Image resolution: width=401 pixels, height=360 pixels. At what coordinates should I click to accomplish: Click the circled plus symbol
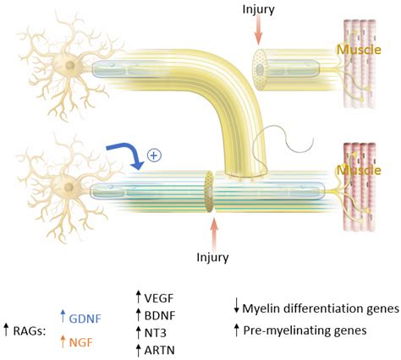coord(154,155)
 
